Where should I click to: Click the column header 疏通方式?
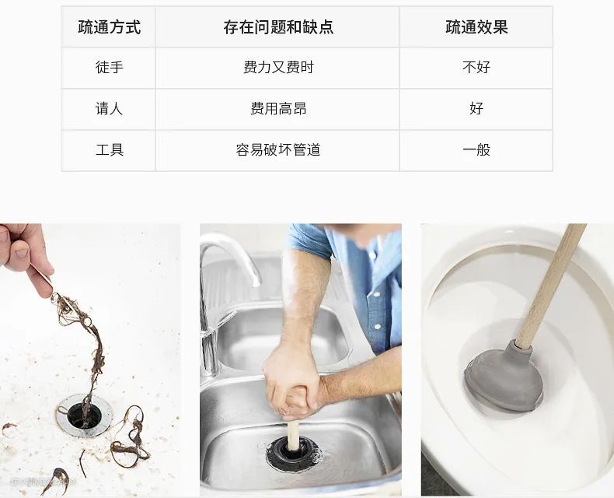click(109, 27)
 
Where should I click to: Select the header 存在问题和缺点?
click(278, 27)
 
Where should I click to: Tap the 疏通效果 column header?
click(476, 27)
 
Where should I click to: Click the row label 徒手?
click(110, 67)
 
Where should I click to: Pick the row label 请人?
click(110, 108)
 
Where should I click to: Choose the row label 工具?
click(110, 149)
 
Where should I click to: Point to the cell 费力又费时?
click(278, 67)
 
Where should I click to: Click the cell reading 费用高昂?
click(278, 108)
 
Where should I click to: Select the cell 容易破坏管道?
click(278, 149)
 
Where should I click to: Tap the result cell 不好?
click(476, 67)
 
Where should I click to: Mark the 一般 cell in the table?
click(476, 149)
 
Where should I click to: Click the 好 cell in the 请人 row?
click(476, 108)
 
